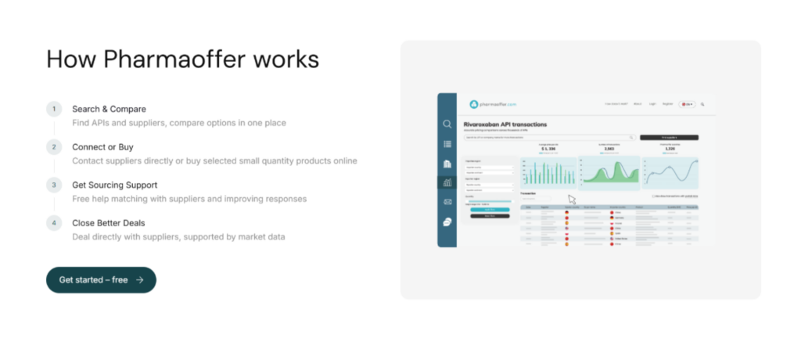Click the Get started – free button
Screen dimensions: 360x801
pos(101,279)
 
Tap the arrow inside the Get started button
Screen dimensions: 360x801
pos(139,279)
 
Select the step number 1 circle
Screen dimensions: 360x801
pos(54,109)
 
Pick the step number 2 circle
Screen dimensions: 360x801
pos(54,146)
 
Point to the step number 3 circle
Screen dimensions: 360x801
pos(54,185)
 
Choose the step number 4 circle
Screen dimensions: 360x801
pos(54,223)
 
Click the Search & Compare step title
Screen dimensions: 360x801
pos(109,109)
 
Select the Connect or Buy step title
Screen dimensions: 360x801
pos(102,146)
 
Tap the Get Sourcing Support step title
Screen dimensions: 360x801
pos(114,185)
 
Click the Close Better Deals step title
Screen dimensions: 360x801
pos(108,223)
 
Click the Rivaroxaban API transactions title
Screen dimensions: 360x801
pos(506,124)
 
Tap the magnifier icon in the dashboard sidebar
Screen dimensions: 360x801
pos(447,124)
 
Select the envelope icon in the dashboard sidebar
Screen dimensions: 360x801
pos(447,202)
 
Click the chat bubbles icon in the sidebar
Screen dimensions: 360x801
pos(447,221)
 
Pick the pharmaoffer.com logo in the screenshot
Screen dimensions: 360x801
pos(493,104)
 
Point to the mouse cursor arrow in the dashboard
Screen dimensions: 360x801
pos(571,200)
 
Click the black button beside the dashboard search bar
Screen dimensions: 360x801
pos(669,137)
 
